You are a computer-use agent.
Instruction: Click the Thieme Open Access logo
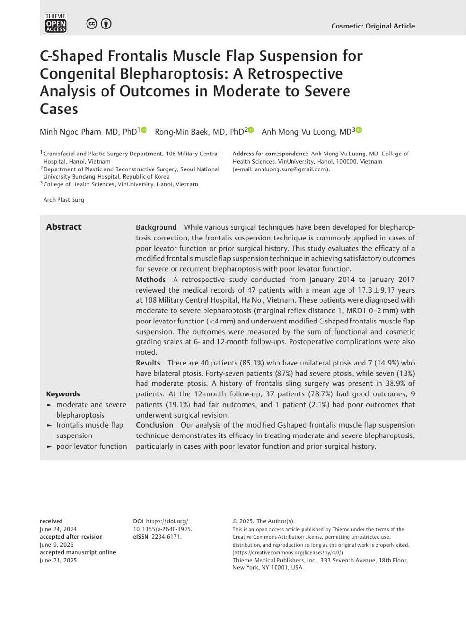(56, 23)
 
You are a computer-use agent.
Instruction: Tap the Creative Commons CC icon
(91, 24)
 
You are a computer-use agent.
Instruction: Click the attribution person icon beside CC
(106, 24)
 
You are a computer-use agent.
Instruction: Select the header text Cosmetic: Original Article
(373, 26)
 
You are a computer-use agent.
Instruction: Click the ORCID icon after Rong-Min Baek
(251, 130)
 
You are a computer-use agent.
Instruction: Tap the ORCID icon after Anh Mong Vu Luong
(359, 130)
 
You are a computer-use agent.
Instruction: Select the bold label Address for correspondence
(270, 154)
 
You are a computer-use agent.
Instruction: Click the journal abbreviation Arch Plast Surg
(63, 200)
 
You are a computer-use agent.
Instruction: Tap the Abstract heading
(64, 227)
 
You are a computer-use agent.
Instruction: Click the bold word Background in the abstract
(156, 227)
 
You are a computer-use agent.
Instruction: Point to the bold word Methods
(151, 280)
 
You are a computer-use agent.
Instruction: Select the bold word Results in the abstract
(148, 363)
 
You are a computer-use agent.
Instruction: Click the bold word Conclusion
(154, 425)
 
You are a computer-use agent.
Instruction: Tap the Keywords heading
(63, 394)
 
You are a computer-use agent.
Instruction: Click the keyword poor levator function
(91, 446)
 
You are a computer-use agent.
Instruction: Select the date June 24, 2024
(58, 529)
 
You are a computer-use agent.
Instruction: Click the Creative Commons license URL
(288, 553)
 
